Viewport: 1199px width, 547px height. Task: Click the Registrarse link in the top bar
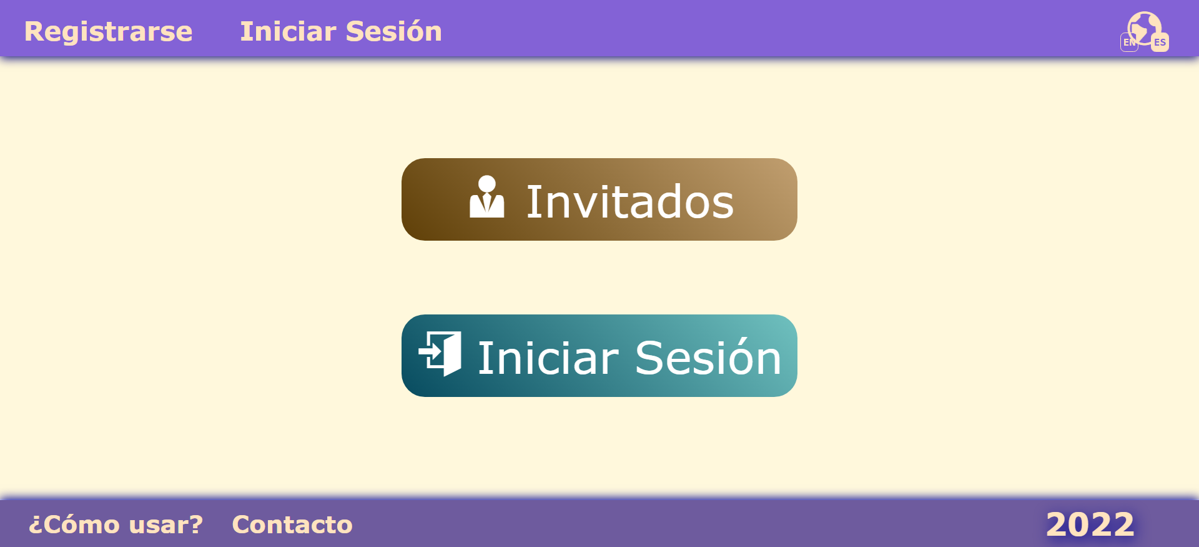pyautogui.click(x=108, y=32)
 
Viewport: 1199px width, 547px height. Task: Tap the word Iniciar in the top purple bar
pyautogui.click(x=288, y=32)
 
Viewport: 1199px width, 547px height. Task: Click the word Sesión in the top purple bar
pyautogui.click(x=393, y=32)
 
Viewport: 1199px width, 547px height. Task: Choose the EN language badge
pyautogui.click(x=1129, y=43)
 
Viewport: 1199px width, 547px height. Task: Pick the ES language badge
pyautogui.click(x=1160, y=43)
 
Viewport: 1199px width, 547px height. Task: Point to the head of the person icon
pyautogui.click(x=486, y=184)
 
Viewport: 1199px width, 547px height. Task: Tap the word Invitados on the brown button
pyautogui.click(x=629, y=202)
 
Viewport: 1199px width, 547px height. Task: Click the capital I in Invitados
pyautogui.click(x=531, y=202)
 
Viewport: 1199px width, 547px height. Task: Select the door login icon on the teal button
pyautogui.click(x=441, y=354)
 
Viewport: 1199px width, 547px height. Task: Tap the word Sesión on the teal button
pyautogui.click(x=708, y=358)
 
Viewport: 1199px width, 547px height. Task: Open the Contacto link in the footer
pyautogui.click(x=292, y=524)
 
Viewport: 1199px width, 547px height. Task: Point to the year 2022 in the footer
pyautogui.click(x=1090, y=524)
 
